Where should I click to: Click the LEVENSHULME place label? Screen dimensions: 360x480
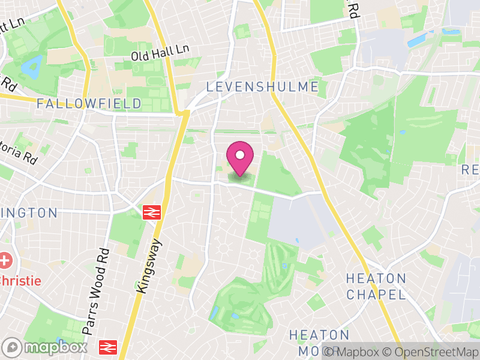(x=263, y=87)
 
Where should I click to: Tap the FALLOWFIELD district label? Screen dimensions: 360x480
(x=89, y=104)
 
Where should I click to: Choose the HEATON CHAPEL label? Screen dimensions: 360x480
(x=376, y=286)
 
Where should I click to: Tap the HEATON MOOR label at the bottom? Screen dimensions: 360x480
(x=319, y=342)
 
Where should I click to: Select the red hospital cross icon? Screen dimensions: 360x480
(x=6, y=262)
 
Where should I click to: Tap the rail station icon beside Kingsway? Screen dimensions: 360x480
(x=151, y=212)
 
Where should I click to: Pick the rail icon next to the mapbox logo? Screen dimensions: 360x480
(x=108, y=347)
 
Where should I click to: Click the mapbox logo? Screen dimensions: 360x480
(x=46, y=347)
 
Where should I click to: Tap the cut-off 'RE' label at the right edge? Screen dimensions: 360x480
(x=470, y=170)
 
